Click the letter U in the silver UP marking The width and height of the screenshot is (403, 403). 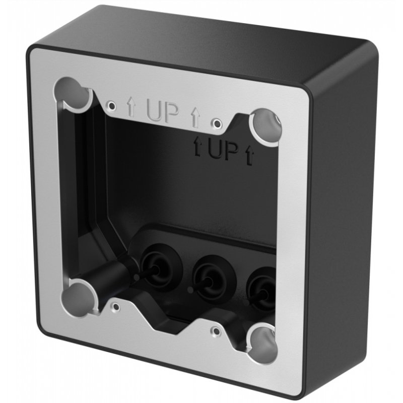click(155, 111)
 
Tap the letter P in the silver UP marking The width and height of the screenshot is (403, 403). click(171, 114)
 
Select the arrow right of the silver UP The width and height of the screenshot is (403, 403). click(194, 118)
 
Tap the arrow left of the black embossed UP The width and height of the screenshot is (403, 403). click(197, 147)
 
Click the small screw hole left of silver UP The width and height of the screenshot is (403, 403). click(112, 105)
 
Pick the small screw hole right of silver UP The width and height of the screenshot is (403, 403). click(216, 122)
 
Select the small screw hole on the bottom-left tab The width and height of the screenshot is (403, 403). click(116, 305)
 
